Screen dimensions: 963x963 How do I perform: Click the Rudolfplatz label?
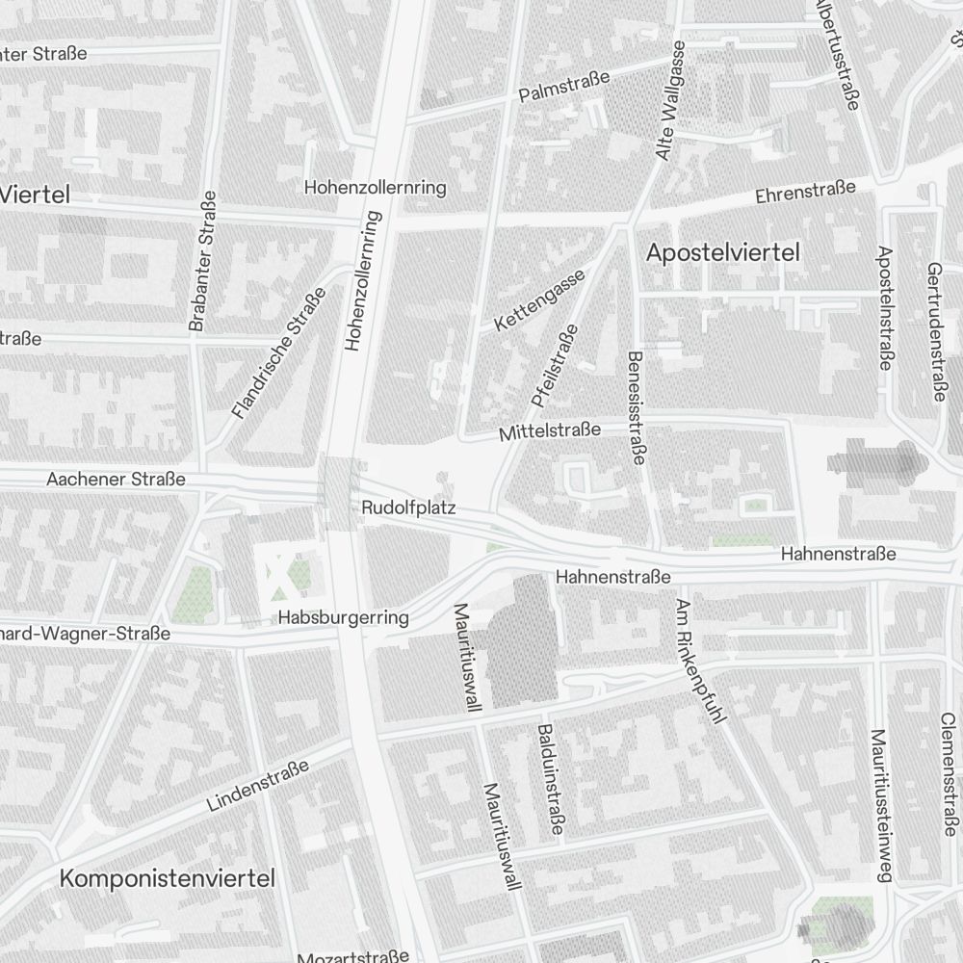click(x=408, y=507)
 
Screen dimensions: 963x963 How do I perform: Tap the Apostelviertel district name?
click(x=723, y=253)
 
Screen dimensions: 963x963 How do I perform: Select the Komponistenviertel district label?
click(x=168, y=878)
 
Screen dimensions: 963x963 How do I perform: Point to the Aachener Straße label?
click(x=116, y=479)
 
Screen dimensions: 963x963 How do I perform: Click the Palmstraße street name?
click(x=564, y=87)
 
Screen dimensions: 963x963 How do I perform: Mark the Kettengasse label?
click(x=539, y=301)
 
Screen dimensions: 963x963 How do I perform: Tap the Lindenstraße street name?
click(x=258, y=784)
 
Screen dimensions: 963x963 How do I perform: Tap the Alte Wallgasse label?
click(x=670, y=101)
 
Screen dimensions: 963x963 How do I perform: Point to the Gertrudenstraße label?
click(x=934, y=332)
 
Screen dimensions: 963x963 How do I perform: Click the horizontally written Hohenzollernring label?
click(x=375, y=187)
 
